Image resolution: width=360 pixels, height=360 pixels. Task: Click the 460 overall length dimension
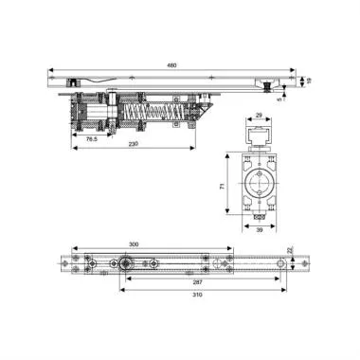(x=172, y=67)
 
